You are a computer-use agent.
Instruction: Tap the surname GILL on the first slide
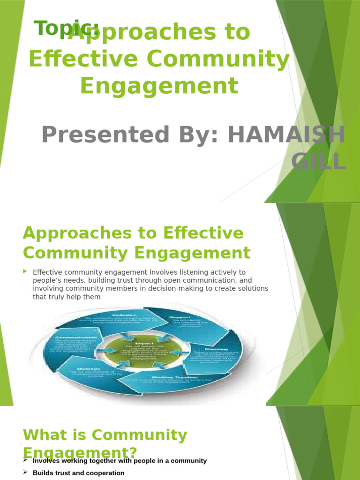coord(318,162)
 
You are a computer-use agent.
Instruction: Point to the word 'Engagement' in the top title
coord(159,86)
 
